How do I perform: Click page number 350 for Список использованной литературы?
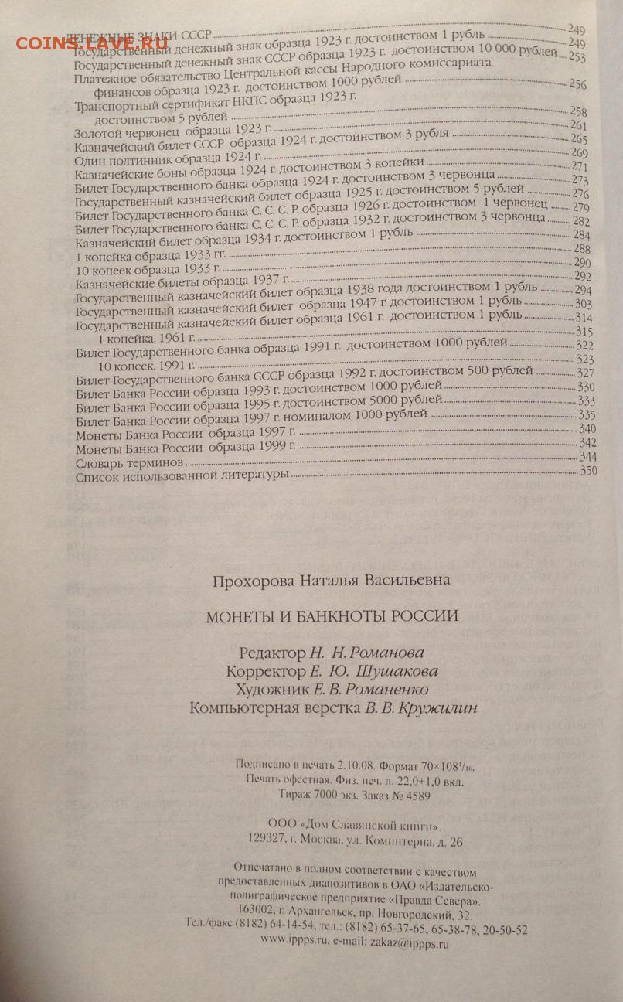[x=589, y=472]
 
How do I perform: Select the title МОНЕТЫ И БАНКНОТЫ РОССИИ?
[x=332, y=616]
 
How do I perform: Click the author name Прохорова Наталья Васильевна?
[x=331, y=580]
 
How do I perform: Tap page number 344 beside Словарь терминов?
[x=589, y=458]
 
